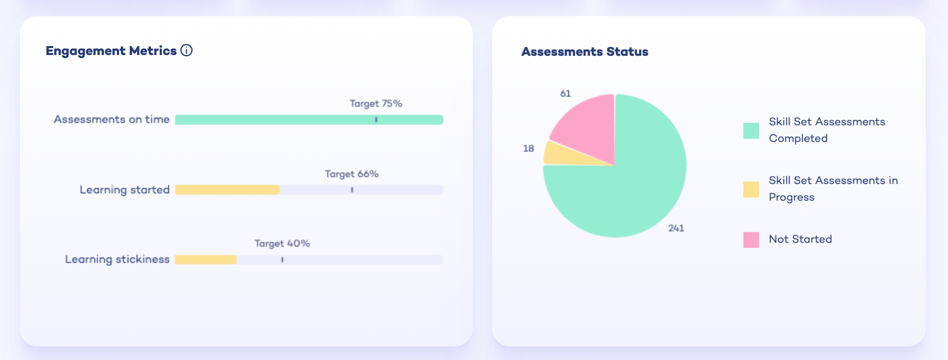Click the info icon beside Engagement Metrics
coord(186,51)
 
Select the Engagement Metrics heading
coord(111,51)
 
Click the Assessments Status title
coord(584,52)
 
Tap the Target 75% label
coord(376,104)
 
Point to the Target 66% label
coord(351,174)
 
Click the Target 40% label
coord(282,244)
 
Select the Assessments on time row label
coord(112,119)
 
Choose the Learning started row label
coord(125,190)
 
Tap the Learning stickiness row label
coord(117,259)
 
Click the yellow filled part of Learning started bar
coord(227,190)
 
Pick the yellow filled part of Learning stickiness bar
coord(205,260)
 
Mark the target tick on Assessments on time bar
coord(376,120)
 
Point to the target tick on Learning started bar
coord(352,190)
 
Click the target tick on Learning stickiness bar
coord(282,260)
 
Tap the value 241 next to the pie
coord(676,228)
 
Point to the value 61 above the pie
coord(565,93)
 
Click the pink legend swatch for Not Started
coord(751,240)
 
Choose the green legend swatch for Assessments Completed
coord(751,131)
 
